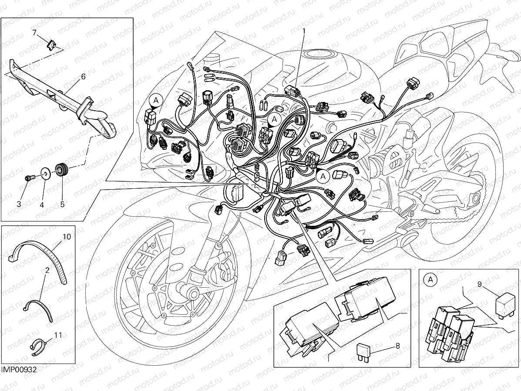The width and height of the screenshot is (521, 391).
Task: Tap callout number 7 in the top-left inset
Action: click(34, 32)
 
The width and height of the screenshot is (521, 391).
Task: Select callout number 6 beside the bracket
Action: click(83, 76)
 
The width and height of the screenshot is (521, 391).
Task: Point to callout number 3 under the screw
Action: click(19, 204)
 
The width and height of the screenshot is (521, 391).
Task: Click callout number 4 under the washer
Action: click(42, 204)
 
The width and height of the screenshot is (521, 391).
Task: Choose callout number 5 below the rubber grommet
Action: click(62, 204)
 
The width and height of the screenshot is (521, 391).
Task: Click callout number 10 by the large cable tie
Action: click(66, 237)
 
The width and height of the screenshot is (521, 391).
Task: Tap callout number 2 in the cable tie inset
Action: click(47, 270)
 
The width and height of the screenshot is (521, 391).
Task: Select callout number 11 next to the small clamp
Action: click(58, 335)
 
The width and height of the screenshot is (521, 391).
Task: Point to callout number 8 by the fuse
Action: click(397, 347)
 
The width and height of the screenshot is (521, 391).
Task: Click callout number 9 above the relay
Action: click(479, 285)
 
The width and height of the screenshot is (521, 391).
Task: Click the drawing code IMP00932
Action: click(18, 370)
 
